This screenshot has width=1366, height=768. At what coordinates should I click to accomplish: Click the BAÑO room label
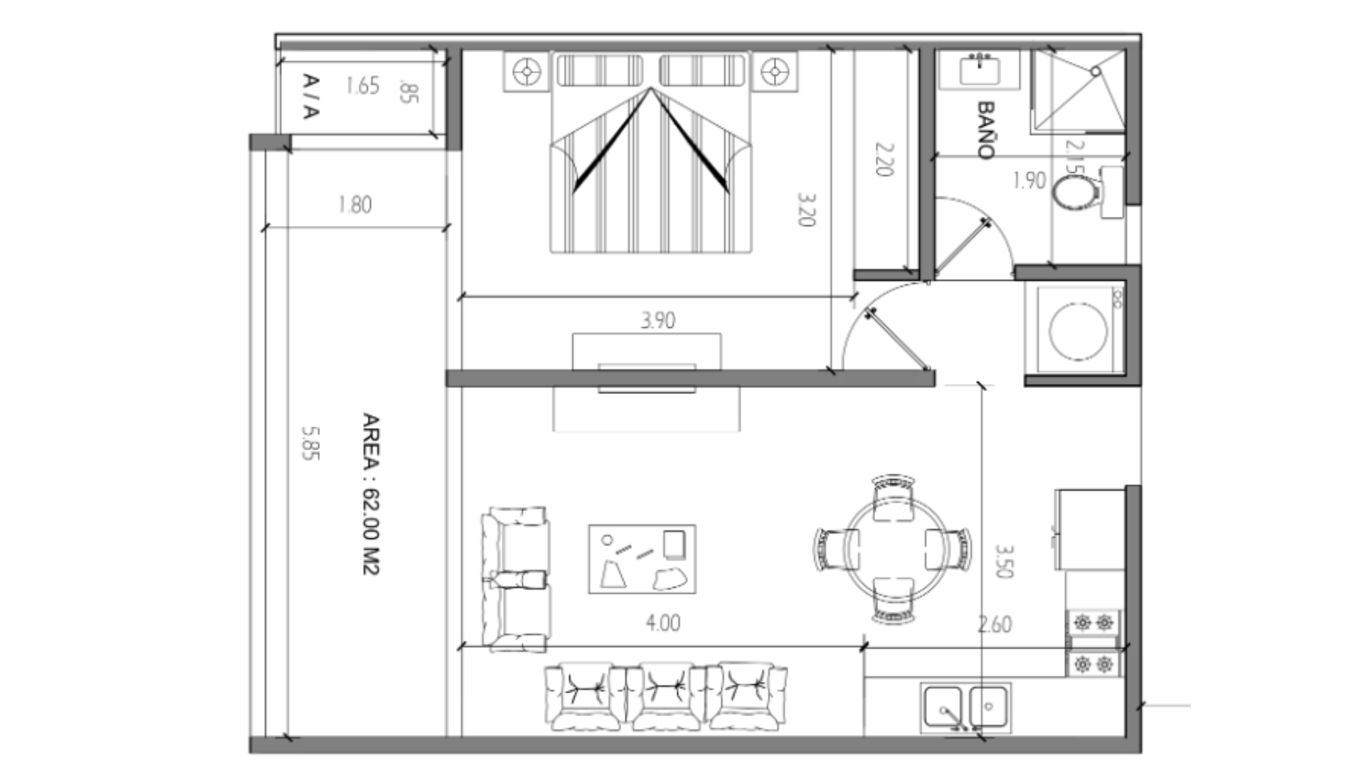[x=986, y=129]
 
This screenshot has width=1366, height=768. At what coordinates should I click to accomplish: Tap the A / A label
[x=311, y=96]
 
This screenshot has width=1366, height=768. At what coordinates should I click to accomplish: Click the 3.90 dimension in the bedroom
[x=658, y=320]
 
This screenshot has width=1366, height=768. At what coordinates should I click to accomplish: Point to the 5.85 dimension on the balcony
[x=310, y=443]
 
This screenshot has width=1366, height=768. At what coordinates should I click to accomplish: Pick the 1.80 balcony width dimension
[x=355, y=205]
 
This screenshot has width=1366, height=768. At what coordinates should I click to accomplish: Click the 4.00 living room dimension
[x=663, y=623]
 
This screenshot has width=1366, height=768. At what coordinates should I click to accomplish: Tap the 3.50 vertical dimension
[x=1004, y=561]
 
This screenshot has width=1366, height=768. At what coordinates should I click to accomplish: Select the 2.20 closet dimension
[x=884, y=159]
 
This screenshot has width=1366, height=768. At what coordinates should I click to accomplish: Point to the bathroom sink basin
[x=980, y=70]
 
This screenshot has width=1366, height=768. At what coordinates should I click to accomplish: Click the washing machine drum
[x=1078, y=331]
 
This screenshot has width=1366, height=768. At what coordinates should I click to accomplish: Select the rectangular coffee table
[x=642, y=559]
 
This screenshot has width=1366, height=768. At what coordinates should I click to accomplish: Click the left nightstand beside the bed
[x=527, y=71]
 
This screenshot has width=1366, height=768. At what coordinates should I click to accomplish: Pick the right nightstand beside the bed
[x=774, y=71]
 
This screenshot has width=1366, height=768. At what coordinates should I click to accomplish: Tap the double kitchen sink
[x=965, y=708]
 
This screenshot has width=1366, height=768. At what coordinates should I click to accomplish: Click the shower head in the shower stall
[x=1096, y=72]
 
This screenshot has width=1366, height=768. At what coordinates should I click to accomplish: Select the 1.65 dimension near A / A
[x=363, y=86]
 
